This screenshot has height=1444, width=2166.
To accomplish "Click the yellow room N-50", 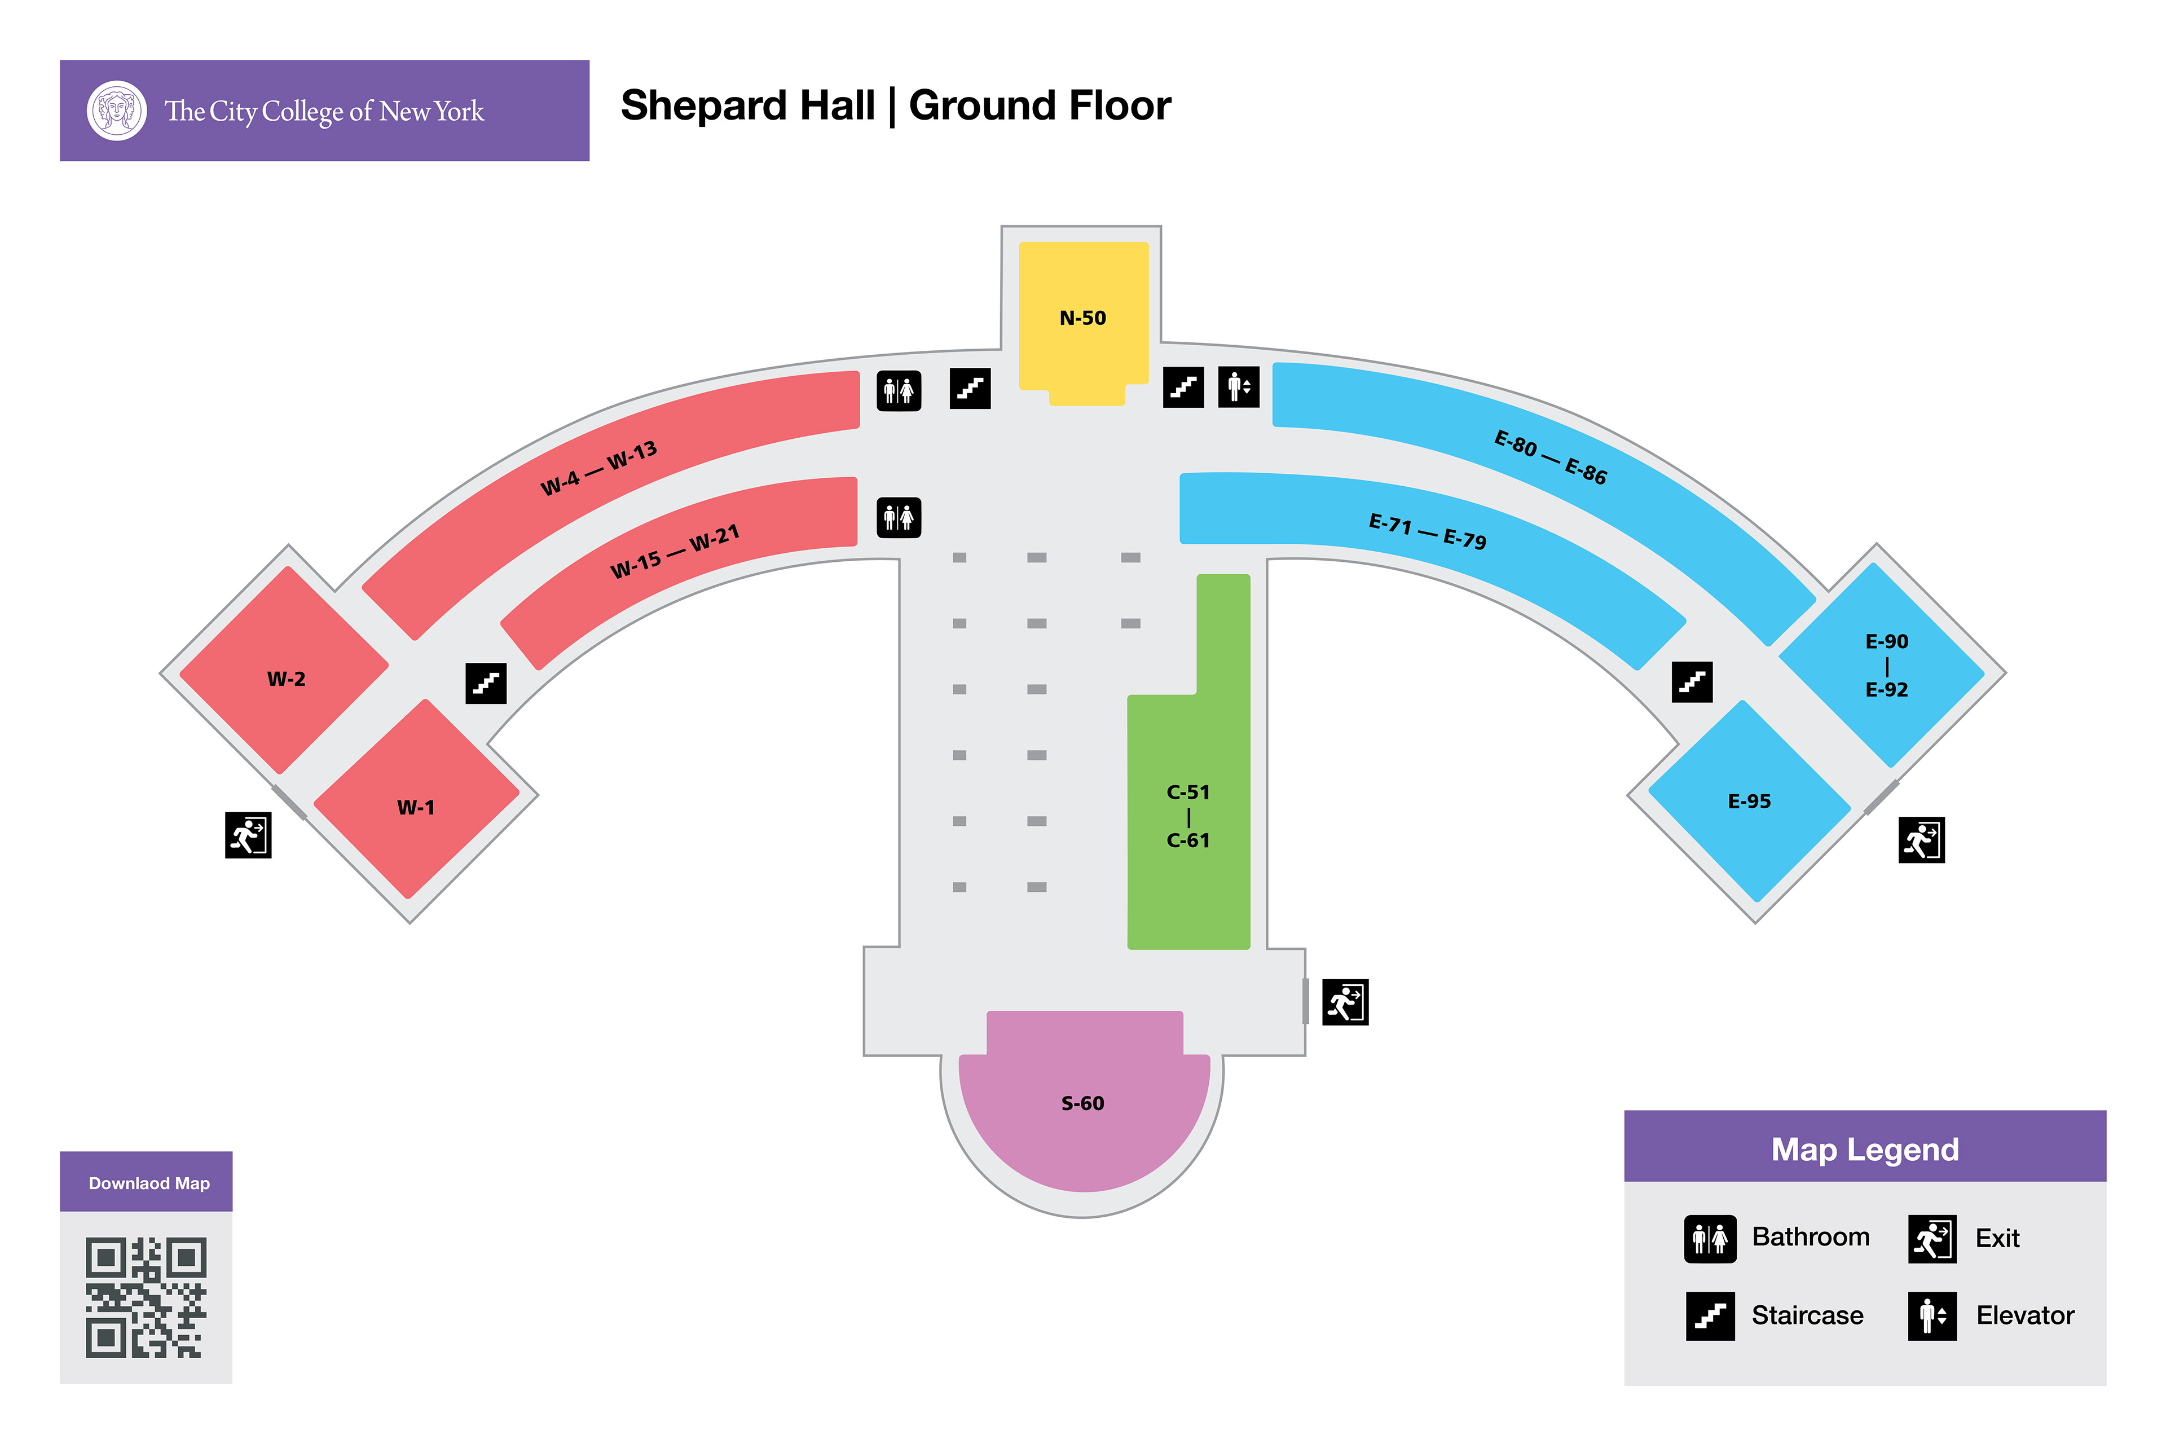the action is pos(1083,318).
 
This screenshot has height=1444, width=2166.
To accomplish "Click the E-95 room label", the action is pos(1749,801).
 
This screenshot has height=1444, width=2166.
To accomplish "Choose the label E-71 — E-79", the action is pos(1428,531).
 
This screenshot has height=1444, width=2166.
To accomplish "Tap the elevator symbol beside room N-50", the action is pos(1239,387).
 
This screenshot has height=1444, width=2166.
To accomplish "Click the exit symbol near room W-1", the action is pos(248,835).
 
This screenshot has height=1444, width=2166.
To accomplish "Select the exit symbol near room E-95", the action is pos(1921,840).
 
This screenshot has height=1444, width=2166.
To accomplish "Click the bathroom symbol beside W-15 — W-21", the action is pos(899,518).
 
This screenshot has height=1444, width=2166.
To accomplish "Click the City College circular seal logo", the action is pos(117,111).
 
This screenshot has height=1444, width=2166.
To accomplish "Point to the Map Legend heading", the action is pos(1865,1150).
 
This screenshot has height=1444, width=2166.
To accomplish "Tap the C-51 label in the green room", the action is pos(1188,792).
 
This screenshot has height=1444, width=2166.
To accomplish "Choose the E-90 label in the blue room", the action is pos(1886,641).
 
